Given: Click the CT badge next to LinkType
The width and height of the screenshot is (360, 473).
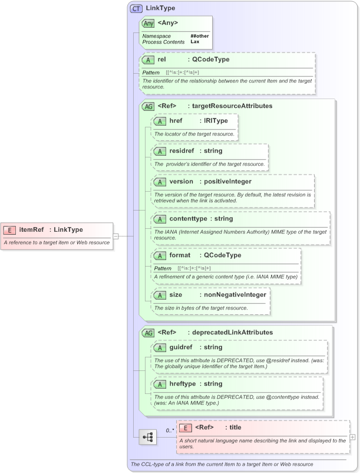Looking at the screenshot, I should (136, 9).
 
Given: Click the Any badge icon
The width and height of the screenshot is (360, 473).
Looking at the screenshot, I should (148, 24).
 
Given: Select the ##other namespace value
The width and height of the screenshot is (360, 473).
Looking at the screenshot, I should (199, 36).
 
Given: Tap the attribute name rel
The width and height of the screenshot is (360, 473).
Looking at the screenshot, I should (161, 60).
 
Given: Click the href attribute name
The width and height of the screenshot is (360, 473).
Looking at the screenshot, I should (176, 121).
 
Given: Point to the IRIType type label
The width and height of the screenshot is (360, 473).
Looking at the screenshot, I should (215, 121).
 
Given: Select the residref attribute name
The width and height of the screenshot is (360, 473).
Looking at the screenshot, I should (181, 151).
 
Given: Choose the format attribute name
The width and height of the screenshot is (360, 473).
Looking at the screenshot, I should (180, 255).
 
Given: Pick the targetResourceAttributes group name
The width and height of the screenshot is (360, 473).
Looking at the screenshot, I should (232, 106).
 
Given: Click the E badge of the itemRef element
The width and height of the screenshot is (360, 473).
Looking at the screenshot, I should (10, 230).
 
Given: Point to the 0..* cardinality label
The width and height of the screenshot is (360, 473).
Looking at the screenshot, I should (170, 431).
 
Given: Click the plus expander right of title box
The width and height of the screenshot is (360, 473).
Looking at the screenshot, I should (352, 437).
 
